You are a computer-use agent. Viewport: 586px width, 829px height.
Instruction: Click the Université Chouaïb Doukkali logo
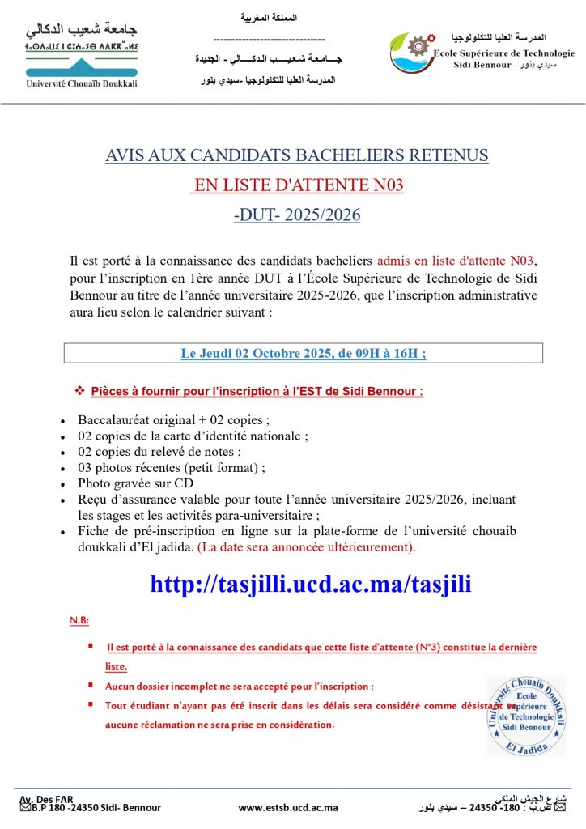click(82, 57)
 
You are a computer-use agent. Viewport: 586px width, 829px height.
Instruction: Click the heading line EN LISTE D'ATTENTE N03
click(297, 185)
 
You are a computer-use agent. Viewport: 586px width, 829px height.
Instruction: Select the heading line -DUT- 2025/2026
click(297, 215)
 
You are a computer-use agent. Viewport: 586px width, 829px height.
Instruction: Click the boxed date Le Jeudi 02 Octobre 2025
click(303, 353)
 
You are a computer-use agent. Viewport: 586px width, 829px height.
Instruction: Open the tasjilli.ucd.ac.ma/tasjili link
click(311, 584)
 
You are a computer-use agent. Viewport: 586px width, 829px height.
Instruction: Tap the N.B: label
click(79, 621)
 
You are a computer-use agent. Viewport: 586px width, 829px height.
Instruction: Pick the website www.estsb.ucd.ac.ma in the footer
click(288, 807)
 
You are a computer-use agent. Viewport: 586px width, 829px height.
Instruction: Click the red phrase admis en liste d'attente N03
click(456, 261)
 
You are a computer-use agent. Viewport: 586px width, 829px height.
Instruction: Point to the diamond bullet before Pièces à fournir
click(79, 392)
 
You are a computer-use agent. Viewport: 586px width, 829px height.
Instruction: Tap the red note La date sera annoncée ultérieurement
click(307, 546)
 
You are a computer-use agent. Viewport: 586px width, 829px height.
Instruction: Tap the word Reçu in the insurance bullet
click(92, 499)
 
